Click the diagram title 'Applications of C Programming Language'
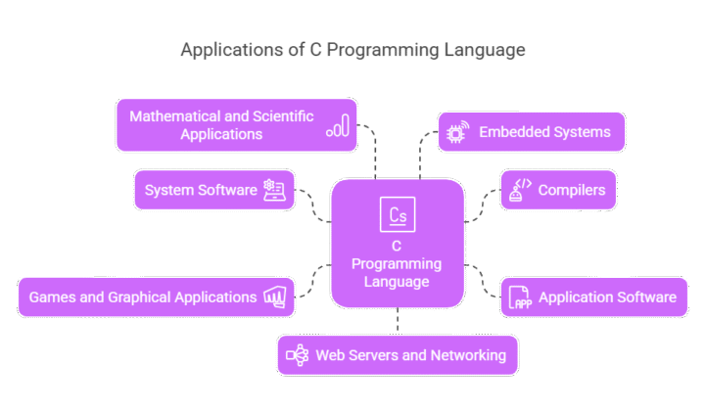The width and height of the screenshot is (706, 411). [352, 50]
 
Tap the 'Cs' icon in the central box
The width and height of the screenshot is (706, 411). [397, 213]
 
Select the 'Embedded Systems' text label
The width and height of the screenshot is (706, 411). [544, 131]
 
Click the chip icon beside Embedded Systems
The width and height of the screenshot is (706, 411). [455, 131]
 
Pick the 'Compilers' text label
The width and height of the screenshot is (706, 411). [571, 190]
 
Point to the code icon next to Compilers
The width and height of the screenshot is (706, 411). [519, 190]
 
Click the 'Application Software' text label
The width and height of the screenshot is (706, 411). [607, 297]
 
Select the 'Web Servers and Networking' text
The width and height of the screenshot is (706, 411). [410, 355]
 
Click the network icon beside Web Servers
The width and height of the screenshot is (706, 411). [297, 355]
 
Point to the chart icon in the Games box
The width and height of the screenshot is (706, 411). [274, 297]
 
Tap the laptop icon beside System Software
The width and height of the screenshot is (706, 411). [274, 190]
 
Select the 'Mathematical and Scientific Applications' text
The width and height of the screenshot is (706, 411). [221, 124]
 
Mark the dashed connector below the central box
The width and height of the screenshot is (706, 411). [398, 321]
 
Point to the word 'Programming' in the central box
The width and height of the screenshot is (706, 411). [397, 264]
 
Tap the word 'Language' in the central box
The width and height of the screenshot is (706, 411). [397, 282]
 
